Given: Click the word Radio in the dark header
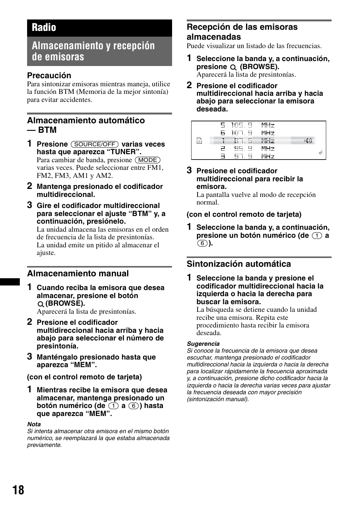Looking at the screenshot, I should [44, 27].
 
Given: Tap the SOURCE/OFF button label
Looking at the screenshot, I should [95, 144].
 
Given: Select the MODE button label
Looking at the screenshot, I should [148, 160].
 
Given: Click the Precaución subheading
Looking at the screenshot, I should [49, 76].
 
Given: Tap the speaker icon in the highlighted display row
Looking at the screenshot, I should [308, 141].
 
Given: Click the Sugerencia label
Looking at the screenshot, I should [203, 344].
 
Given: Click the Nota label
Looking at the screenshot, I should [34, 424].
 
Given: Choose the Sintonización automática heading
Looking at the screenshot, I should [238, 264].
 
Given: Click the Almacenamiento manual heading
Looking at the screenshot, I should [78, 274].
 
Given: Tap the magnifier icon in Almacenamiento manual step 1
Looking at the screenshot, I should [40, 304].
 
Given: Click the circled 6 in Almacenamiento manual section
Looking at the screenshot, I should [133, 406].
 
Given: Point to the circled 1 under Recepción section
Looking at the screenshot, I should [317, 236].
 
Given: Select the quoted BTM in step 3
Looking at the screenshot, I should [140, 214].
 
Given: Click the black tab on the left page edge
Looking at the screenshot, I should [10, 282].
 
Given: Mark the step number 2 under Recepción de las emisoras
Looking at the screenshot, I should [189, 85].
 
